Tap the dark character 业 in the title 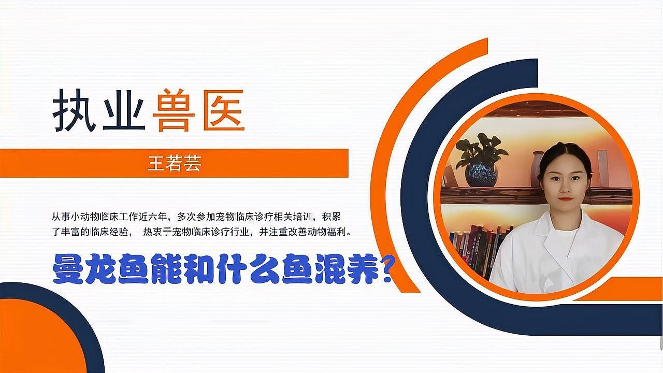(x=123, y=110)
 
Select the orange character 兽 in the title (x=173, y=110)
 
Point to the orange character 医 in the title (x=223, y=110)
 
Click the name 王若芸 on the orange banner (x=174, y=164)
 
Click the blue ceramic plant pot (x=481, y=174)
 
